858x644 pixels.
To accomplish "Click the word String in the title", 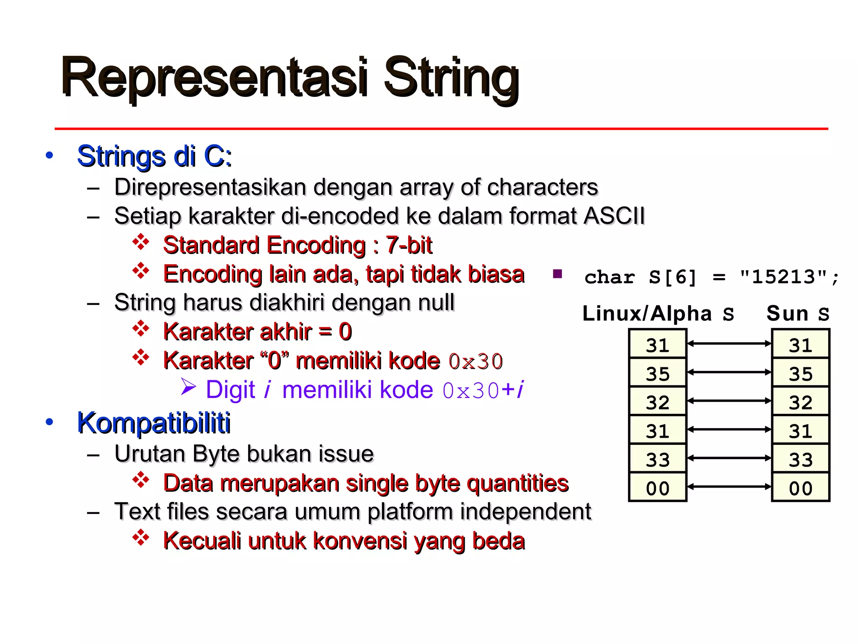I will point(452,78).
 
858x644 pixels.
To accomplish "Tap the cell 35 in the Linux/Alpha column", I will point(657,373).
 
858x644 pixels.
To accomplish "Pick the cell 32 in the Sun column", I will point(801,402).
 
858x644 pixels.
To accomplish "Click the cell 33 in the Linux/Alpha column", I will point(657,460).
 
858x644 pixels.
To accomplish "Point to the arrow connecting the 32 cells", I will point(729,401).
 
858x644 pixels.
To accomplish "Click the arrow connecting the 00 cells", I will point(729,486).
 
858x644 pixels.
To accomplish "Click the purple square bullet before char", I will point(557,274).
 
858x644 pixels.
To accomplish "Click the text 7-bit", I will point(409,245).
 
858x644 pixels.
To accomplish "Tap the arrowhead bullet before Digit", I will point(188,387).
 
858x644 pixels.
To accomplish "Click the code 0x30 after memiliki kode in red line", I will point(475,361).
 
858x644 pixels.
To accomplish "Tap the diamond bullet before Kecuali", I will point(141,538).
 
